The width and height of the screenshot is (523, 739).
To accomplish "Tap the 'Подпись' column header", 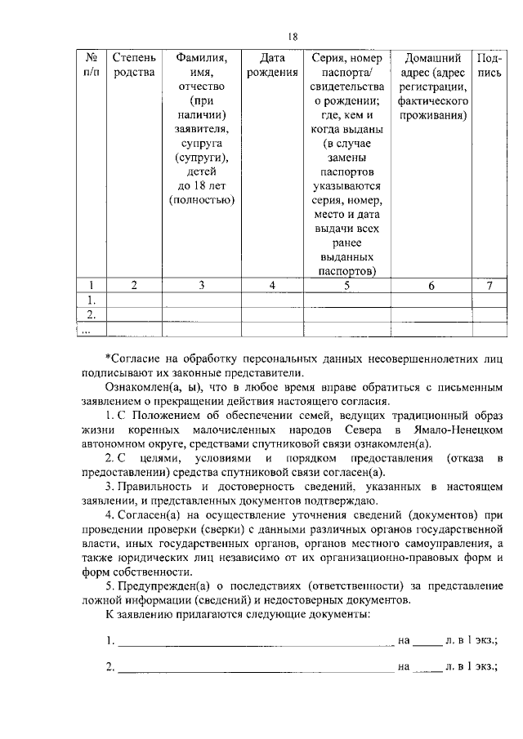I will click(x=489, y=66).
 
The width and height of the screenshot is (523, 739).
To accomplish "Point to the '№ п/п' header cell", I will click(x=92, y=66).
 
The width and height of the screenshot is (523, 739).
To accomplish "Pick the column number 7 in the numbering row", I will click(x=489, y=285).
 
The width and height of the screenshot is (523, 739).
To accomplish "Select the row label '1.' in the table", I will click(x=92, y=300).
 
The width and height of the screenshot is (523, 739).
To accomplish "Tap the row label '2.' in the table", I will click(x=92, y=314).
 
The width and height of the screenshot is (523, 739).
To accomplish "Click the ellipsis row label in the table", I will click(x=87, y=329).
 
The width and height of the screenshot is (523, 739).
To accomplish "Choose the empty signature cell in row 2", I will click(x=489, y=314).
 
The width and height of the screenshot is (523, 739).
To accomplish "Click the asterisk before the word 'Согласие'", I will click(x=109, y=358).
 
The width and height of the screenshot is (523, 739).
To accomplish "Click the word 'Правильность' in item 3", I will click(x=157, y=487).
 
